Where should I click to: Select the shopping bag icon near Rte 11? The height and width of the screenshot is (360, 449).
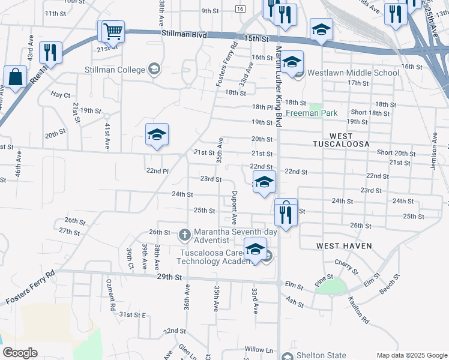coord(15,77)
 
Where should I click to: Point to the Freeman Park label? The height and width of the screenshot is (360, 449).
coord(312,113)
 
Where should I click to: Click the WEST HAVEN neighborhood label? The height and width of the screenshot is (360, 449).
coord(344,246)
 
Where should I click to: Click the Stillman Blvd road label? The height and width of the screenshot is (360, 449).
coord(184,35)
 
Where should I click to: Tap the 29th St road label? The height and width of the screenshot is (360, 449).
coord(169,277)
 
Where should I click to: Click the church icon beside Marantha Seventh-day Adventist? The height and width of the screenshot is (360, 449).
coord(185,232)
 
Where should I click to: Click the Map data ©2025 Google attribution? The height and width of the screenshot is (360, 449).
coord(411,355)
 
